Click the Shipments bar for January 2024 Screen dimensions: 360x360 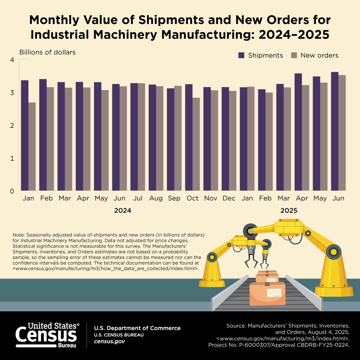(x=25, y=135)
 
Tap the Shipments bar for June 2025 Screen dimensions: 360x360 (x=335, y=131)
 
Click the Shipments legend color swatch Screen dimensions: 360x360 (x=242, y=55)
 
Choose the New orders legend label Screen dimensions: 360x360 (x=319, y=55)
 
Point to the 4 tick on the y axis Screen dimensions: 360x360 (x=12, y=60)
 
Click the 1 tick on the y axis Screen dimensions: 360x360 (x=12, y=158)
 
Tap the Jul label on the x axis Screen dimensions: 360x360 (x=138, y=198)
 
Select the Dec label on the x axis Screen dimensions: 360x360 (x=229, y=198)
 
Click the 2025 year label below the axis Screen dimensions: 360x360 (x=289, y=211)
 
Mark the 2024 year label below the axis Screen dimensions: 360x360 (x=123, y=211)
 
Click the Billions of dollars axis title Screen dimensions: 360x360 (x=47, y=52)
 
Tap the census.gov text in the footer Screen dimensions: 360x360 (x=109, y=342)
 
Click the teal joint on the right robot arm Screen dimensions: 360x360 (x=334, y=251)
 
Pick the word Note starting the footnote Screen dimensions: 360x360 (x=19, y=235)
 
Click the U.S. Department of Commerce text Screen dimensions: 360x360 (x=137, y=328)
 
